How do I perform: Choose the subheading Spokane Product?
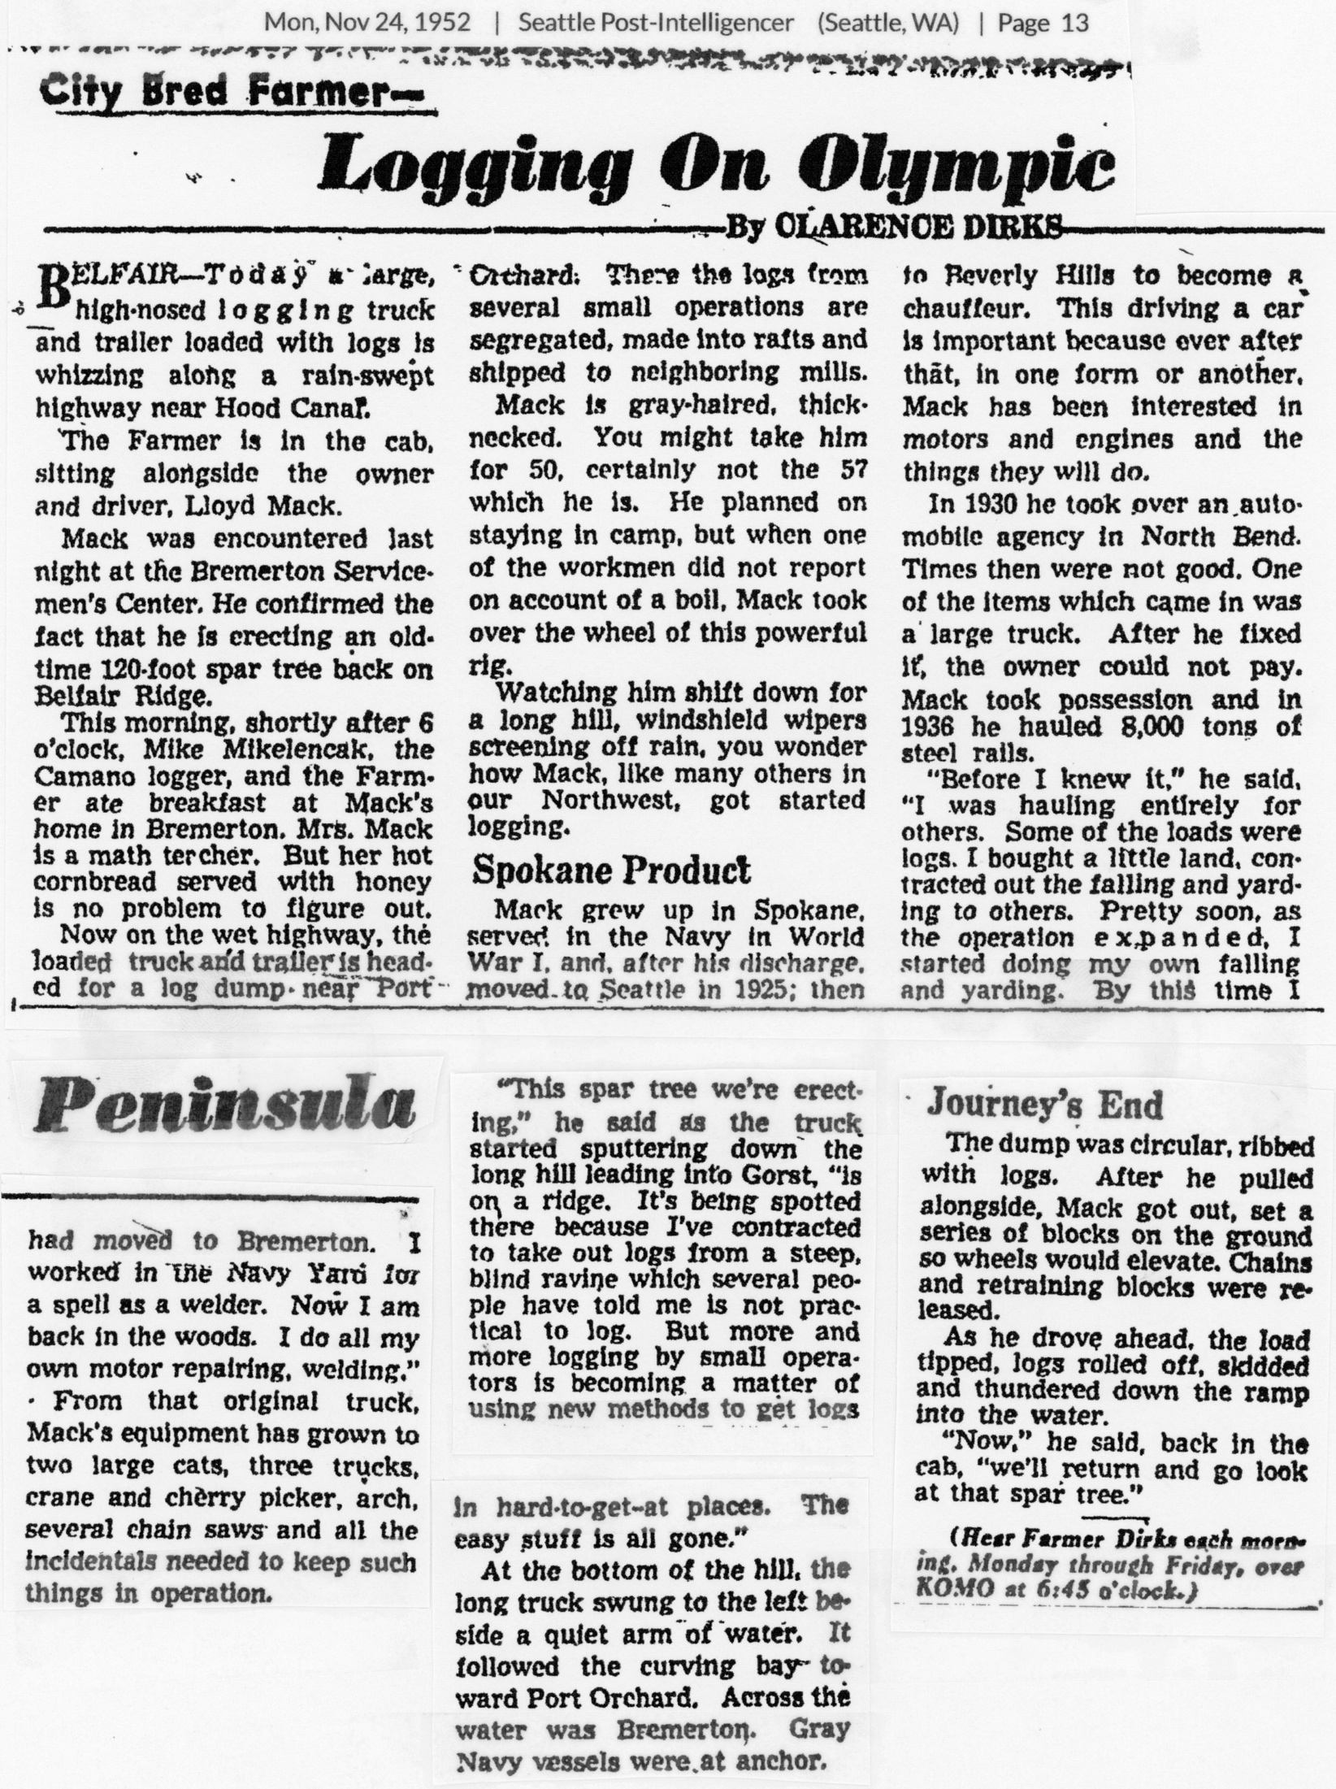pos(611,871)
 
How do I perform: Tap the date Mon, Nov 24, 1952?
pos(367,22)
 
